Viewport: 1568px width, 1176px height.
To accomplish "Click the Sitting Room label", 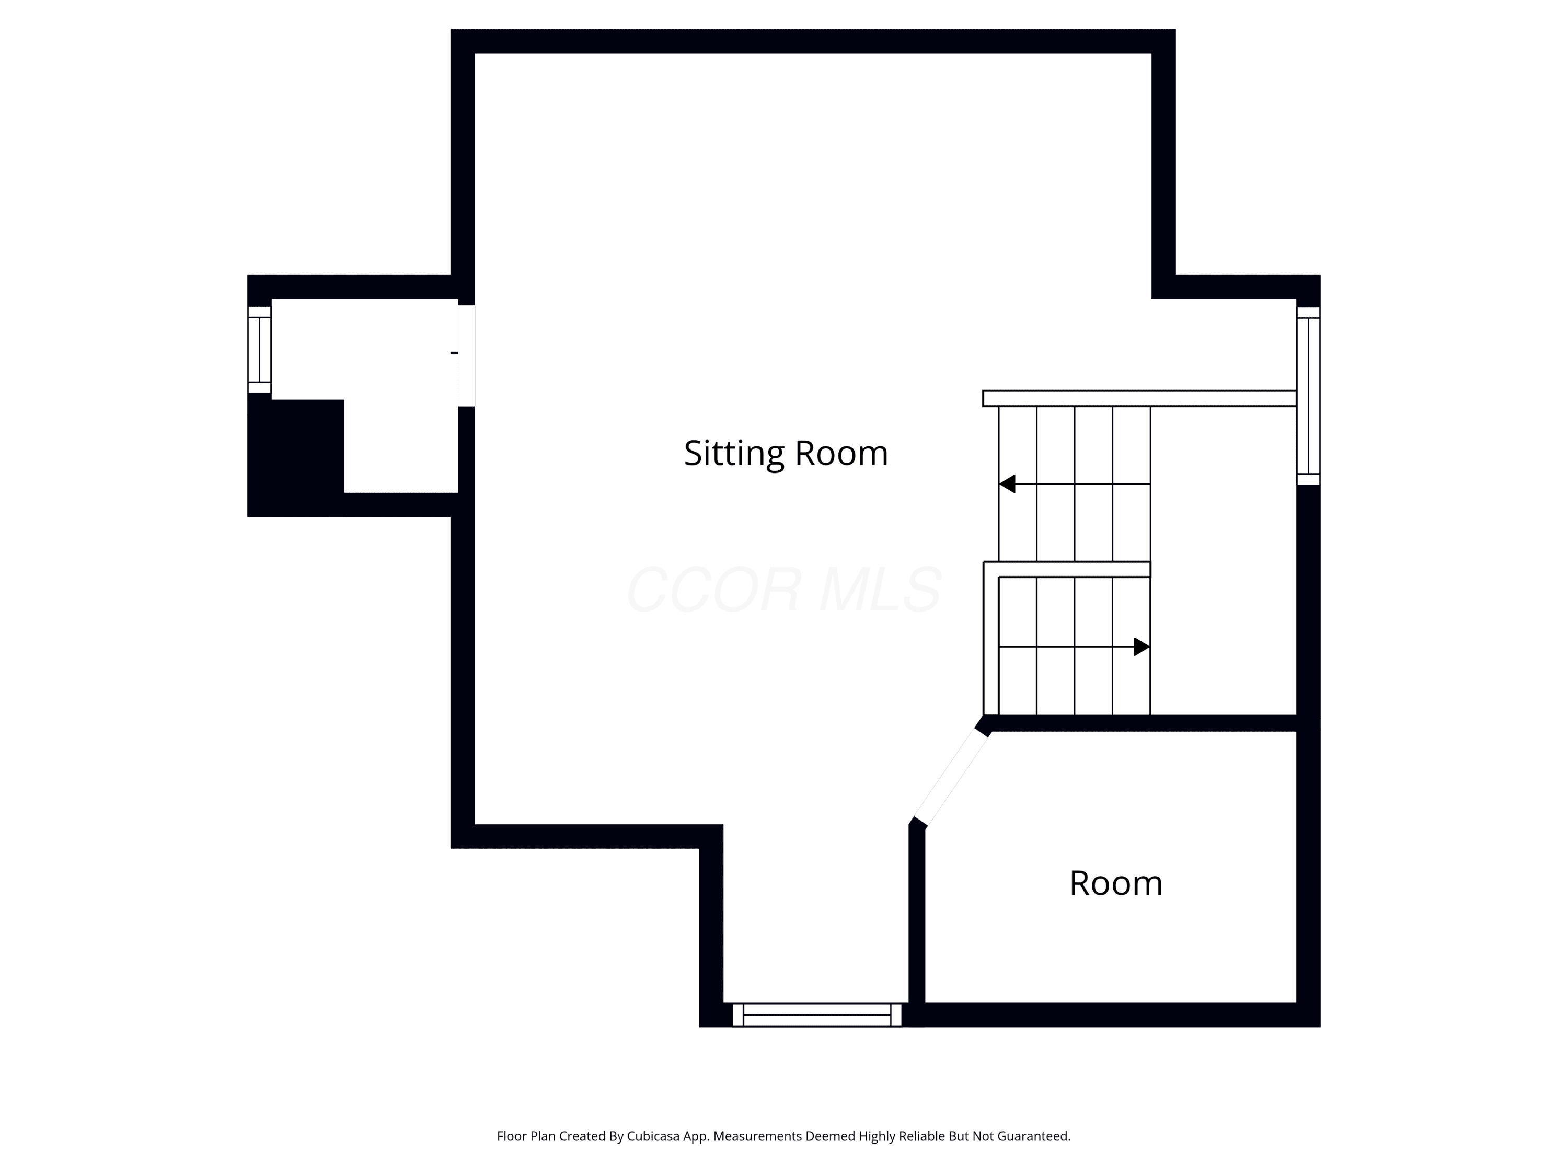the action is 786,454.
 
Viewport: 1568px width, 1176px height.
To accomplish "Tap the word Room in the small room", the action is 1116,883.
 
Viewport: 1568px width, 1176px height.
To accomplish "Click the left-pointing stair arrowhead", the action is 1007,484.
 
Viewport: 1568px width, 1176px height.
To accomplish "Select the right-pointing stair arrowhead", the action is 1142,647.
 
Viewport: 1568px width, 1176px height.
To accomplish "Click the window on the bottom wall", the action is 816,1014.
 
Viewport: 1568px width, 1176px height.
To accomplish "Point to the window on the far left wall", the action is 259,350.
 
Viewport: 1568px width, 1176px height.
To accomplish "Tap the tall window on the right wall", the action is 1309,396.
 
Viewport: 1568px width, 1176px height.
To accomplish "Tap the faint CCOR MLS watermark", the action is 784,589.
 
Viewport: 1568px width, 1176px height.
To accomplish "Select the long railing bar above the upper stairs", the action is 1139,398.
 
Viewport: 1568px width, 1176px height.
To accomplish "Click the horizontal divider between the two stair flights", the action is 1067,569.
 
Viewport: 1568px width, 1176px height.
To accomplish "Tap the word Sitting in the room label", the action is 734,454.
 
